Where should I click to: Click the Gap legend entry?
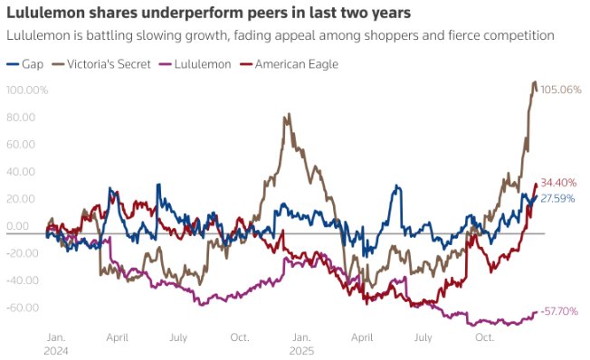tap(25, 63)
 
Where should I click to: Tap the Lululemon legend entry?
tap(196, 63)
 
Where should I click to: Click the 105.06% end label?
tap(560, 90)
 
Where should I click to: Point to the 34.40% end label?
tap(558, 184)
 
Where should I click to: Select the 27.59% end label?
tap(558, 197)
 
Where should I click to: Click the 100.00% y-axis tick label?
tap(27, 90)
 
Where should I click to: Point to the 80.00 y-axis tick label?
tap(22, 118)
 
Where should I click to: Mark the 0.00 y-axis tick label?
tap(20, 226)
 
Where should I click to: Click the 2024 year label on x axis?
tap(56, 348)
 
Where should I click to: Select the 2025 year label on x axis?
tap(301, 348)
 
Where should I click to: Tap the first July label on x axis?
tap(177, 336)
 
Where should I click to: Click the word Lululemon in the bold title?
tap(44, 14)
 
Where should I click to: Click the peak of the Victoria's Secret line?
tap(534, 82)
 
